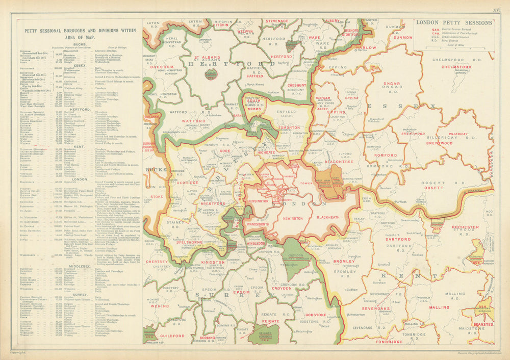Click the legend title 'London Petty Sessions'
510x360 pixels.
pyautogui.click(x=454, y=22)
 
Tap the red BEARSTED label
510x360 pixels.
pyautogui.click(x=482, y=324)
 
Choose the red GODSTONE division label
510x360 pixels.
pyautogui.click(x=316, y=315)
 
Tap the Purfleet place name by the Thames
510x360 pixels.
pyautogui.click(x=395, y=201)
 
